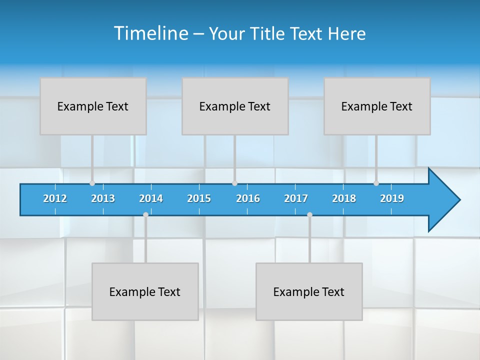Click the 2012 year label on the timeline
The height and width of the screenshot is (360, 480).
pos(55,198)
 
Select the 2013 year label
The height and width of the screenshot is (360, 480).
pos(103,198)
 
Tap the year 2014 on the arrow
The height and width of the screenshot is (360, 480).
pos(151,198)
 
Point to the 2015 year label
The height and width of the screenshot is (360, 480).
pos(199,198)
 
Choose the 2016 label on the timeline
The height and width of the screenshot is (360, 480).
pos(248,198)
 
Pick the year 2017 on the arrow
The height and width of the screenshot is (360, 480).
pos(296,198)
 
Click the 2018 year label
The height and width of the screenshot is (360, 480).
pos(344,198)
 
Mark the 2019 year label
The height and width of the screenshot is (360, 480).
pos(392,198)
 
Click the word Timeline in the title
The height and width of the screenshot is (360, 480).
pos(150,33)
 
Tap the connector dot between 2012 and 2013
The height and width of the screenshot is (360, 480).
pos(92,183)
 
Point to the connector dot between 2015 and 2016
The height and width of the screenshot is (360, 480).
pos(234,183)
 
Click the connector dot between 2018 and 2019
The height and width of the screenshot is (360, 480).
pos(376,183)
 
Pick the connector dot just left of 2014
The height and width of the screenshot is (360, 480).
pos(145,214)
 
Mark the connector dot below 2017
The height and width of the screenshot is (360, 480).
pos(309,214)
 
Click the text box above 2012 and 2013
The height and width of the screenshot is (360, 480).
pos(93,106)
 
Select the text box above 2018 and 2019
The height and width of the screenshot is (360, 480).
pos(377,106)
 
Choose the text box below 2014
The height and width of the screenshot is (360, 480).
pos(145,291)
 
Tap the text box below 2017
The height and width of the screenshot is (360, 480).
pos(309,291)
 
